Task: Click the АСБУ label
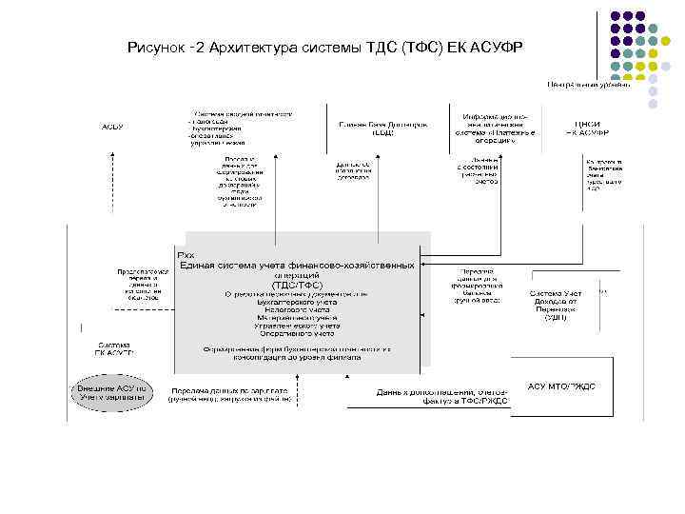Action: (x=111, y=127)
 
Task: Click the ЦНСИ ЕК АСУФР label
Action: (x=587, y=128)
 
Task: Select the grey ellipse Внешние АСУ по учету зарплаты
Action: (x=112, y=393)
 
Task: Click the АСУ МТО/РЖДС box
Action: (x=562, y=385)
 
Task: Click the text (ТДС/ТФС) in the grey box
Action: (x=297, y=285)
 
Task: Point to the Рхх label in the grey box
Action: (x=186, y=255)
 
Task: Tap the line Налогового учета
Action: (x=297, y=310)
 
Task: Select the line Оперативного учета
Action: (x=297, y=334)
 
